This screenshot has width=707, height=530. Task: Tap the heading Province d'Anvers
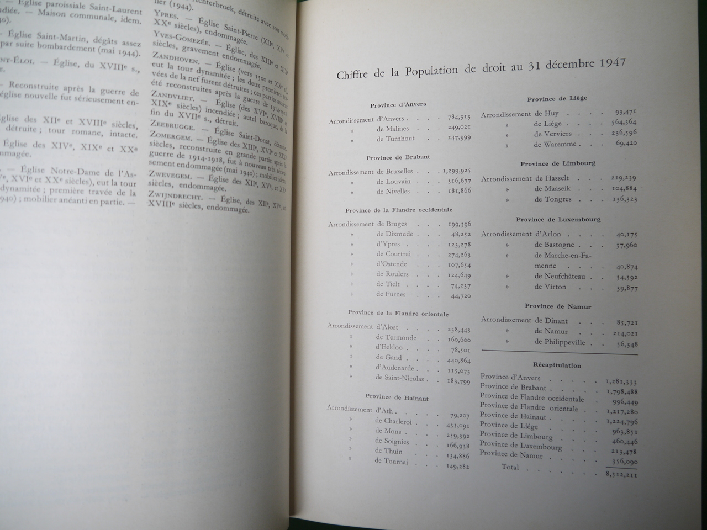[398, 104]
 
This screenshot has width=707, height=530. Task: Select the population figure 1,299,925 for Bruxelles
[456, 172]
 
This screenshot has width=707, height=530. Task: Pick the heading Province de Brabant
[398, 158]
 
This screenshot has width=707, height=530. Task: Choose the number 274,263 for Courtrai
[459, 255]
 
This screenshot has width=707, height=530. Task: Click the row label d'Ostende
[392, 264]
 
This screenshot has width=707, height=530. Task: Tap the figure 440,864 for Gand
[459, 358]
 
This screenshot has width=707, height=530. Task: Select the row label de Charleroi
[393, 421]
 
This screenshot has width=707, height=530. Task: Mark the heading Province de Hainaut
[397, 397]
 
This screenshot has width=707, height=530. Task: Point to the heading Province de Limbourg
[558, 164]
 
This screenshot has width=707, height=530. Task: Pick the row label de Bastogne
[554, 245]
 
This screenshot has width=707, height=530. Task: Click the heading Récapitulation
[557, 365]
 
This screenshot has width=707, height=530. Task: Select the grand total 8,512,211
[621, 474]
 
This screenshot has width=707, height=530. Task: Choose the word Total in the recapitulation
[510, 467]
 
